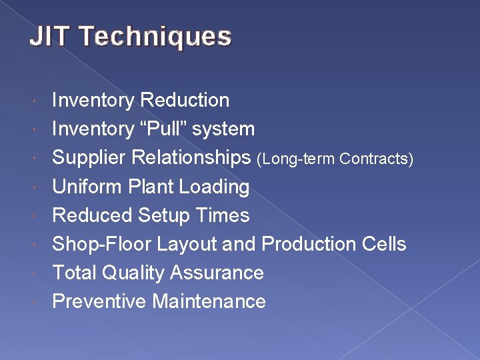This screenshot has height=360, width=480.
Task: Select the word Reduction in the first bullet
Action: pyautogui.click(x=185, y=100)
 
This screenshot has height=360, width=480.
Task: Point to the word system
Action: pyautogui.click(x=223, y=129)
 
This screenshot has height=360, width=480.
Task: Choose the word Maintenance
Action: pyautogui.click(x=209, y=301)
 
